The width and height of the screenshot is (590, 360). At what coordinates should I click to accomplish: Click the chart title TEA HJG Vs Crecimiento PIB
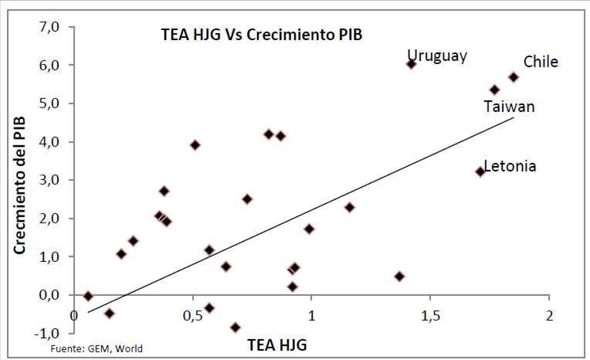pos(261,35)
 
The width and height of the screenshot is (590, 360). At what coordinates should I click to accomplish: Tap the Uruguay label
pos(437,56)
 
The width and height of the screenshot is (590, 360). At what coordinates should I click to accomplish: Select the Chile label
pos(541,62)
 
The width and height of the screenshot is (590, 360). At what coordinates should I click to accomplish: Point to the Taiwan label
pos(509,107)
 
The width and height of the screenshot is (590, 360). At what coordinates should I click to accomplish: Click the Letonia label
pos(510,166)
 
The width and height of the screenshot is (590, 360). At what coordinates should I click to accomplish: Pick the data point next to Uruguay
pos(411,64)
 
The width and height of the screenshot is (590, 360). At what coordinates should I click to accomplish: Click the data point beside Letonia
pos(480,172)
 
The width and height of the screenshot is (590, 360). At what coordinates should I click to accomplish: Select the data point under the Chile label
pos(514,77)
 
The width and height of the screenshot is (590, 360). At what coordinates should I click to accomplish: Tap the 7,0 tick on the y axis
pos(48,27)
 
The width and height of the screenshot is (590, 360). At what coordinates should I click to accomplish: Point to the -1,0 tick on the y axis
pos(46,333)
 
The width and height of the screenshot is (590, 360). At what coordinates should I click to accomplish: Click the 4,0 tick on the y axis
pos(48,142)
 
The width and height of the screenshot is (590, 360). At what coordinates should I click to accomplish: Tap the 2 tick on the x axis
pos(549,317)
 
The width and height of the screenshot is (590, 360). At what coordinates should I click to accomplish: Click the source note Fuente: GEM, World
pos(97,349)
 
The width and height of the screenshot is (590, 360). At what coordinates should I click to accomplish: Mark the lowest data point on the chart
pos(236,328)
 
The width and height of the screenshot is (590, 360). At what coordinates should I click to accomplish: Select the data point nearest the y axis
pos(88,296)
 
